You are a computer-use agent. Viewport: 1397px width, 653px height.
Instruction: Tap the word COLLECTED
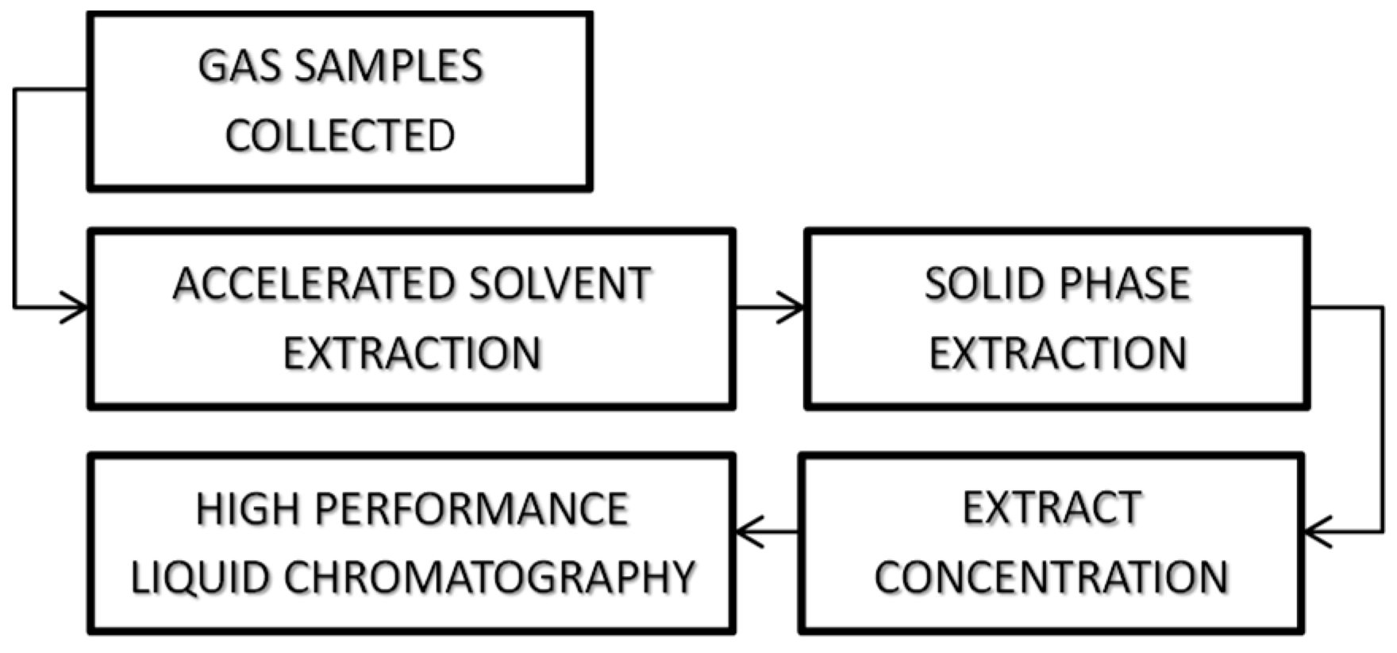tap(340, 136)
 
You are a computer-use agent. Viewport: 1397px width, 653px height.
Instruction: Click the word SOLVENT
tap(560, 284)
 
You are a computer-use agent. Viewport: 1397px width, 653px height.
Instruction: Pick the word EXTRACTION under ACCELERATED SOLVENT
tap(412, 354)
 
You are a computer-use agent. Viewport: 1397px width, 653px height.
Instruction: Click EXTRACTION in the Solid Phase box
tap(1057, 354)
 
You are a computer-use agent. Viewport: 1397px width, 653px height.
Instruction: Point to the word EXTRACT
tap(1052, 509)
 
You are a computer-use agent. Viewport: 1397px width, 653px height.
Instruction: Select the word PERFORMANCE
tap(472, 509)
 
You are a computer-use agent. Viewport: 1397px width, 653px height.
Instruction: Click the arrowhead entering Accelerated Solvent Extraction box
tap(76, 307)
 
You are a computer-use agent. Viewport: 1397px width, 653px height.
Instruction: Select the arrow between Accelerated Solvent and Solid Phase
tap(768, 307)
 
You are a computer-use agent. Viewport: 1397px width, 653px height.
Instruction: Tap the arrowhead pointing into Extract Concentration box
tap(1318, 531)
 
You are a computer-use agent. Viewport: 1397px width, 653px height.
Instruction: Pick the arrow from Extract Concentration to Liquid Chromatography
tap(767, 531)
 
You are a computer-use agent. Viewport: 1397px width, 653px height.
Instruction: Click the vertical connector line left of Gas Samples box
tap(14, 199)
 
